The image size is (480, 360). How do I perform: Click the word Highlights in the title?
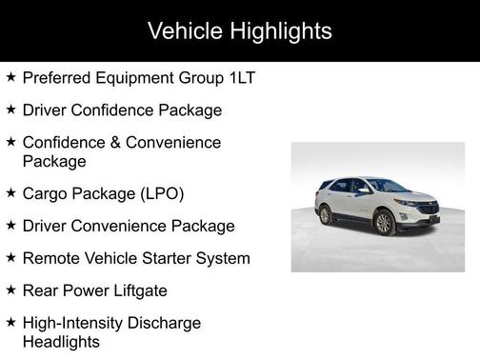(x=280, y=30)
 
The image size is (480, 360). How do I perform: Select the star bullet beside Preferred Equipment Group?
(x=10, y=76)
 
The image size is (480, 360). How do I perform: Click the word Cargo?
(x=46, y=193)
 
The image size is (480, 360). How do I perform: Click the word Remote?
(x=52, y=258)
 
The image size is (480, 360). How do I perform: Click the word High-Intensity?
(x=77, y=323)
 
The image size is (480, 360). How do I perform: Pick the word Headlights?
(x=61, y=341)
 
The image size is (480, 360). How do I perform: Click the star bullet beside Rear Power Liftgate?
(x=10, y=290)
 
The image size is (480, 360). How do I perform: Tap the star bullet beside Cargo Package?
(x=10, y=192)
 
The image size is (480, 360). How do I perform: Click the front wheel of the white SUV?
(x=384, y=223)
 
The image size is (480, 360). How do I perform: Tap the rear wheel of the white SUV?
(x=326, y=214)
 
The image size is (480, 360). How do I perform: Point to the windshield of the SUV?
(x=386, y=187)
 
